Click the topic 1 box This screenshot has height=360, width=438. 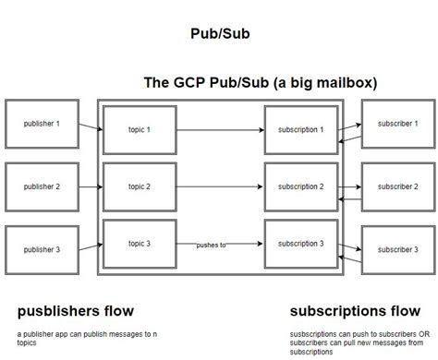click(139, 130)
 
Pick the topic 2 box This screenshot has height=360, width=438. click(139, 186)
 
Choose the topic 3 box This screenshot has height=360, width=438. click(139, 243)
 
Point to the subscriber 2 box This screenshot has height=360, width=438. click(396, 186)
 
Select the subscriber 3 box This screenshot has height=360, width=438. click(396, 249)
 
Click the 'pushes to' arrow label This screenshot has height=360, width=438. click(211, 245)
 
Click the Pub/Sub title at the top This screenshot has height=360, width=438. click(219, 34)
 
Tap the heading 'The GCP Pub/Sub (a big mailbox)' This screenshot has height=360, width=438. click(260, 82)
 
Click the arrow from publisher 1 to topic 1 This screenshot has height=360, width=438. click(89, 129)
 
